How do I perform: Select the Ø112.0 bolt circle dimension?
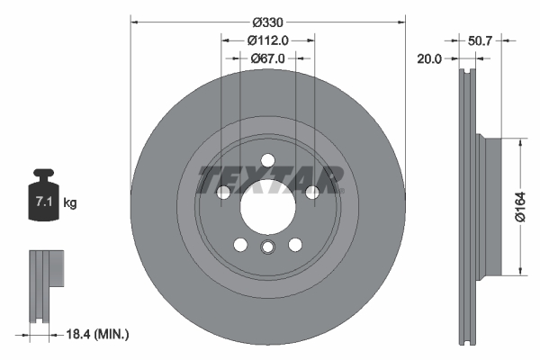267,40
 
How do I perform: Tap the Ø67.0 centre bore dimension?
267,58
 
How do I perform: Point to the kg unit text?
70,204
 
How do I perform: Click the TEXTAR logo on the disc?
267,178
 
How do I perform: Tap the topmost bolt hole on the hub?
267,160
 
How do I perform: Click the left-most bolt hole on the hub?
223,192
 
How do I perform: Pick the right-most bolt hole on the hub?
311,192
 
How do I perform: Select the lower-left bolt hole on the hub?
240,243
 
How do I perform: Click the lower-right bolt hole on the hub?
294,243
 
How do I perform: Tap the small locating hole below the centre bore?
267,248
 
